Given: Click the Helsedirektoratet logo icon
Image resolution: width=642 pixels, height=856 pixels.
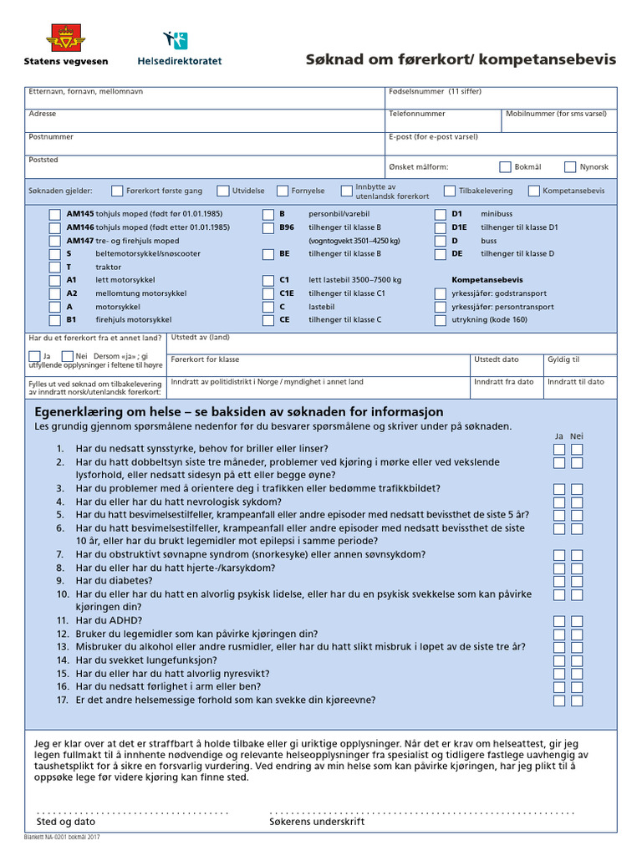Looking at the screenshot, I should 176,39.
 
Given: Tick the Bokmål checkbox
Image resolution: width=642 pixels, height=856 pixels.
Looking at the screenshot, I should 505,166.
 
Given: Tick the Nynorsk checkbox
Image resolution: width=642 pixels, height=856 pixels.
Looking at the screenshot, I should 570,166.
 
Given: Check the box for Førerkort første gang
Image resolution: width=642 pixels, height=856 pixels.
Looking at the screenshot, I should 117,191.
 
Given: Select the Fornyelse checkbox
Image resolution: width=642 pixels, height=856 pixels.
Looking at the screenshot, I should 283,191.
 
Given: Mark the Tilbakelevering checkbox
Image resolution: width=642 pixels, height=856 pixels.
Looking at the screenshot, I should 450,191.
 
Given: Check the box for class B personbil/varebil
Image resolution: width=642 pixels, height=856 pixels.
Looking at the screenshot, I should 267,214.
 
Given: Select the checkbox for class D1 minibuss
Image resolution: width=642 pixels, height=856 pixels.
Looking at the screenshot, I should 441,214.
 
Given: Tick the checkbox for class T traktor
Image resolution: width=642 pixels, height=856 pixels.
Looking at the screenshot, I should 54,267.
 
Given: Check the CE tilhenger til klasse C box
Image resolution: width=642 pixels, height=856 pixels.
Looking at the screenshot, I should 267,320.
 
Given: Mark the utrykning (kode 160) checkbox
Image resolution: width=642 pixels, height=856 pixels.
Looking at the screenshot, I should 441,320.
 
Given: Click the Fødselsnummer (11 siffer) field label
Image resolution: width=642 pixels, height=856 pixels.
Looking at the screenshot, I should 435,92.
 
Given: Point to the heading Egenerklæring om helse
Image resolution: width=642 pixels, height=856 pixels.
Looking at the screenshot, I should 238,412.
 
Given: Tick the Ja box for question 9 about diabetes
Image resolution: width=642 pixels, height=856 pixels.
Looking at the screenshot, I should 558,580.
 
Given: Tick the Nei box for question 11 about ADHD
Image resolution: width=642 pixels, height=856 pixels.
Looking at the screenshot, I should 576,621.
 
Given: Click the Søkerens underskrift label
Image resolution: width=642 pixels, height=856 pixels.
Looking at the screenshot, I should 317,822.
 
